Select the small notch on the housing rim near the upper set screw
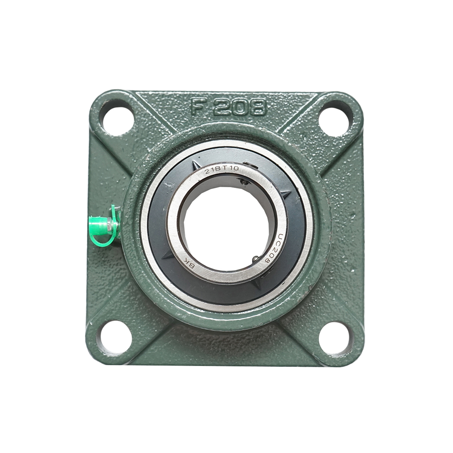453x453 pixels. pyautogui.click(x=249, y=163)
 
